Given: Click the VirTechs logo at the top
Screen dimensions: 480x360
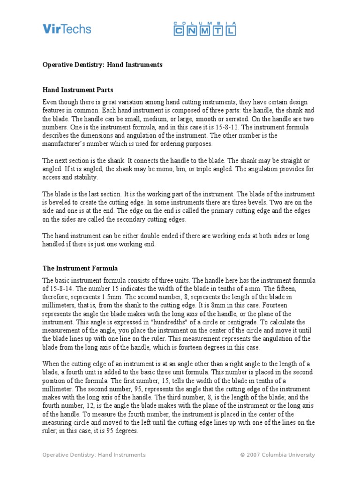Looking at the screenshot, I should tap(67, 29).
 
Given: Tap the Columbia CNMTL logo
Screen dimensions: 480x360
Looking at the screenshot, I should tap(204, 29).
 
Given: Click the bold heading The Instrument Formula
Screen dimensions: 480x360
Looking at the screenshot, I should tap(80, 269).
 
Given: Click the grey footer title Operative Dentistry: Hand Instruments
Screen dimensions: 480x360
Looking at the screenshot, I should tap(94, 455).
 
